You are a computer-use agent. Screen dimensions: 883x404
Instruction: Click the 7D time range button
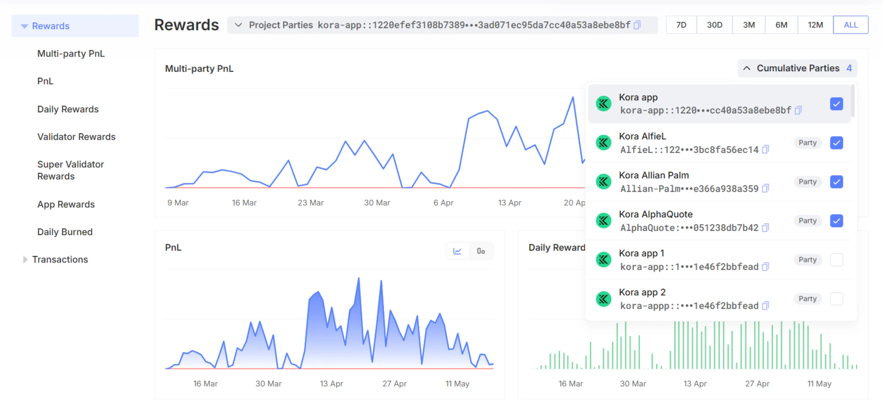[x=681, y=25]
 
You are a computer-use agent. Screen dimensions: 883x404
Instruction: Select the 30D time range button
[x=714, y=25]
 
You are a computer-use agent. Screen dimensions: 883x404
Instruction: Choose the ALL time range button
[x=851, y=25]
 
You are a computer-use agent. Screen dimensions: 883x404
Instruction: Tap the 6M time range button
[x=781, y=25]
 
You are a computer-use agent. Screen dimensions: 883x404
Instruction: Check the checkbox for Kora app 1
[x=836, y=259]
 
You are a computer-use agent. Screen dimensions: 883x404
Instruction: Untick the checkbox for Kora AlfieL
[x=836, y=142]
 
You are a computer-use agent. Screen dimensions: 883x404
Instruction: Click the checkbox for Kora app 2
[x=836, y=298]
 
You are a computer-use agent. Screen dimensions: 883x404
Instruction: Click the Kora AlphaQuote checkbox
[x=836, y=220]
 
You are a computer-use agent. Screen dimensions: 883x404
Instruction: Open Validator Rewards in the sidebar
[x=76, y=137]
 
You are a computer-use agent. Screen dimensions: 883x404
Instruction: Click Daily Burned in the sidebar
[x=65, y=231]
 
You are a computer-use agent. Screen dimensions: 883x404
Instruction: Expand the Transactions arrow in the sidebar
[x=25, y=259]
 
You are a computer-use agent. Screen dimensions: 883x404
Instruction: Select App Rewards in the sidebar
[x=66, y=204]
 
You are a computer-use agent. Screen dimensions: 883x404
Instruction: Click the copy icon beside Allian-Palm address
[x=766, y=188]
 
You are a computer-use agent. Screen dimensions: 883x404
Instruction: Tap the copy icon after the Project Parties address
[x=637, y=25]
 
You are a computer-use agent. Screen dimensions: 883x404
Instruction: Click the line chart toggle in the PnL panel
[x=457, y=251]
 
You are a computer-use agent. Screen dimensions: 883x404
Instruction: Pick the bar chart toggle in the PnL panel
[x=481, y=251]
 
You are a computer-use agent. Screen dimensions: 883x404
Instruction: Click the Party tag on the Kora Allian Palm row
[x=807, y=181]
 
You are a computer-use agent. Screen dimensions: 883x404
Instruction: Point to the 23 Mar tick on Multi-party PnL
[x=311, y=202]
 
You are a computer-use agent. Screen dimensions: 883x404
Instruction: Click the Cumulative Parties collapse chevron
[x=746, y=68]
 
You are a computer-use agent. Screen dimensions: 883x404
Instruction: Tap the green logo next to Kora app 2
[x=604, y=298]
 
